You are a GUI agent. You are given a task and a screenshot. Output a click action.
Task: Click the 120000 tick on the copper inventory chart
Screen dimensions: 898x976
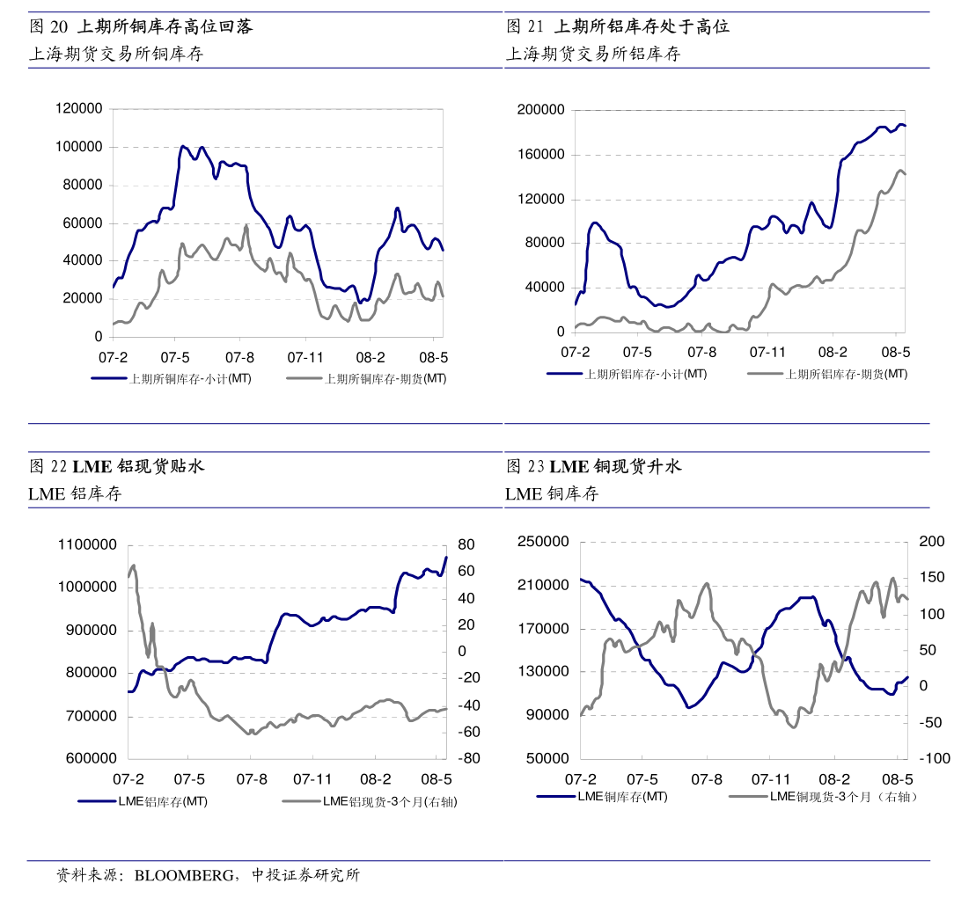click(78, 109)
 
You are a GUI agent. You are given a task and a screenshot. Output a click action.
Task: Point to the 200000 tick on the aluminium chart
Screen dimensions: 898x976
click(541, 110)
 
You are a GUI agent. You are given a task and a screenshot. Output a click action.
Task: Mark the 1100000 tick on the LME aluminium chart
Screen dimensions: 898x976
click(87, 545)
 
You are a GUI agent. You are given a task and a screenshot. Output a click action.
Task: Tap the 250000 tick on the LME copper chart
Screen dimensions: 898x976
click(544, 542)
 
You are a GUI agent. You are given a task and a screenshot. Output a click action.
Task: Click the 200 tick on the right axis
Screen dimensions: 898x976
click(932, 542)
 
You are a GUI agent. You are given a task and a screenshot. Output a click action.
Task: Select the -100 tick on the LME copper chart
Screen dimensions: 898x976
click(934, 759)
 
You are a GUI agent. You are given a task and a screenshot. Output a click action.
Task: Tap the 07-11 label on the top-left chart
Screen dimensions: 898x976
click(305, 358)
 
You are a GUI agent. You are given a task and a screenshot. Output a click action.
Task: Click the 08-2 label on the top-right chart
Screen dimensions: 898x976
click(833, 352)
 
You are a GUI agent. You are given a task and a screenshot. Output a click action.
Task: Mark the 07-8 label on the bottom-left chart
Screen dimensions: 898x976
click(252, 779)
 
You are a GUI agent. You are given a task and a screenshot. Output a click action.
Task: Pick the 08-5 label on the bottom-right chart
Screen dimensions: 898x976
click(899, 779)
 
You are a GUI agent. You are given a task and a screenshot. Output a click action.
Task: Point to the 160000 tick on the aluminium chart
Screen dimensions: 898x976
click(541, 155)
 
